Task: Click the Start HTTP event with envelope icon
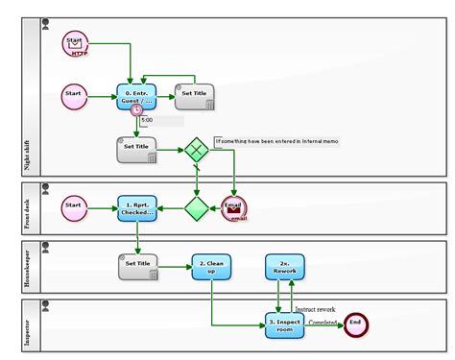(76, 43)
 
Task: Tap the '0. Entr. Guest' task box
(136, 95)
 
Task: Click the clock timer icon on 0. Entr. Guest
(137, 111)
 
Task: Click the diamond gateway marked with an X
(197, 149)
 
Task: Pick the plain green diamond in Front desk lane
(197, 206)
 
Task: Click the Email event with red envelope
(233, 207)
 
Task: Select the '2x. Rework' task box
(285, 267)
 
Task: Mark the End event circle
(356, 324)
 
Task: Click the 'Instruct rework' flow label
(315, 309)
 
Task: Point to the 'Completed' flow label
(322, 323)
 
